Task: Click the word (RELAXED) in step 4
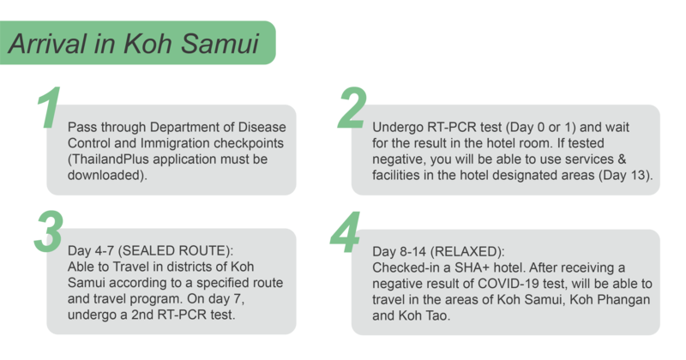click(467, 251)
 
